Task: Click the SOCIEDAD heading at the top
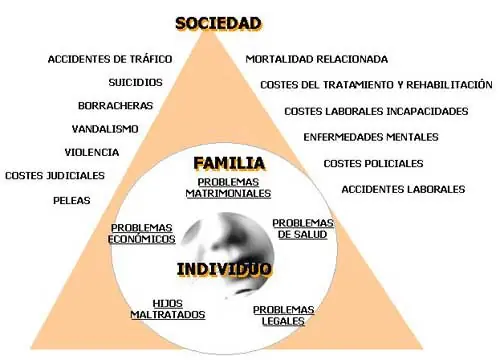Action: click(x=218, y=22)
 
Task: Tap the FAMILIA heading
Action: click(x=228, y=162)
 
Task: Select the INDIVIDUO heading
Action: click(x=225, y=268)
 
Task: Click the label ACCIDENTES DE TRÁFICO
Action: click(x=110, y=59)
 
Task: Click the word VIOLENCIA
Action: click(x=92, y=152)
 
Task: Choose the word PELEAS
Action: click(x=72, y=200)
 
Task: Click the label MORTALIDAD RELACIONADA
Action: click(x=317, y=59)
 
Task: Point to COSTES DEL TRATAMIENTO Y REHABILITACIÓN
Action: click(x=376, y=85)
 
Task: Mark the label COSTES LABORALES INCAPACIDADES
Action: click(x=376, y=111)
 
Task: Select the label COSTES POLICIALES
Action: click(x=373, y=163)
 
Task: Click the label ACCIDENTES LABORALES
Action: click(x=403, y=188)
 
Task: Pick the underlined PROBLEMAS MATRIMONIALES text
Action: click(x=228, y=188)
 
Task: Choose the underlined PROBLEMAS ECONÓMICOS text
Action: click(x=143, y=233)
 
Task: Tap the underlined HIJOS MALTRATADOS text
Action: click(x=167, y=308)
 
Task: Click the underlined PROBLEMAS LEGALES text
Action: click(x=284, y=315)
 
